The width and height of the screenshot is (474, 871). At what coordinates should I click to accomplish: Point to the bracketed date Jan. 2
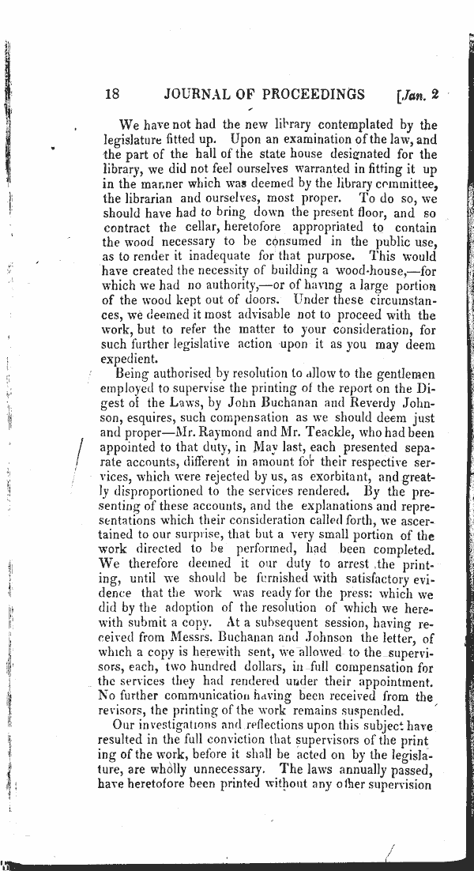click(415, 96)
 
